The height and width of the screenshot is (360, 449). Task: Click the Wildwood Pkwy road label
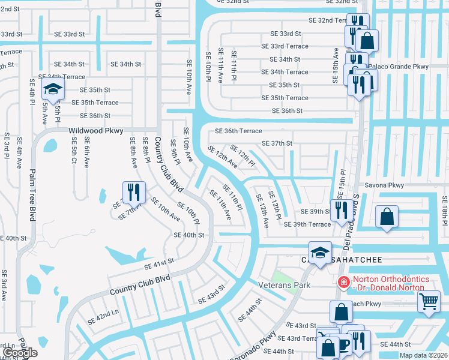pos(96,131)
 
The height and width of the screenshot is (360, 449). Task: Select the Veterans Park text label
pos(284,285)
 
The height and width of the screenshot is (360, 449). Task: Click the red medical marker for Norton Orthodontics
pos(343,281)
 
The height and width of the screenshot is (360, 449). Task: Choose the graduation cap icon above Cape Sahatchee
pos(320,251)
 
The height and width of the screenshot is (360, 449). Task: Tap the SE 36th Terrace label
pos(239,131)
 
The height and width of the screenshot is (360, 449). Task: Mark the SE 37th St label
pos(277,143)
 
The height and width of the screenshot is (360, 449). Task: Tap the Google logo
pos(19,353)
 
